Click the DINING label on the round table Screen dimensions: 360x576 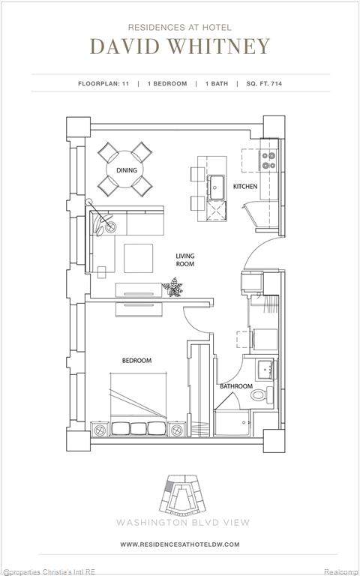(127, 170)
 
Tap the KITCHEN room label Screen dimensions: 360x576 (245, 187)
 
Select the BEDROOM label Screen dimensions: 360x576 (136, 361)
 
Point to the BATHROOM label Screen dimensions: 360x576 (236, 386)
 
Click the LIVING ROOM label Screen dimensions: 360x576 (184, 259)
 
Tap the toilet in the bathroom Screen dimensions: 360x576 (262, 394)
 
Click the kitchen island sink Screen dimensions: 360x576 (217, 187)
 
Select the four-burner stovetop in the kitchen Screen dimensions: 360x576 (269, 160)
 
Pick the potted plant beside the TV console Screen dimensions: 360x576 (173, 287)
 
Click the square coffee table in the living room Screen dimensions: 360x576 (139, 258)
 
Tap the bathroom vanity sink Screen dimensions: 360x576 (266, 369)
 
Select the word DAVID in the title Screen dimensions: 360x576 (124, 46)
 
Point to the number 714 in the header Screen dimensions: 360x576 (276, 84)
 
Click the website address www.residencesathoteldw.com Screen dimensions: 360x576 (180, 544)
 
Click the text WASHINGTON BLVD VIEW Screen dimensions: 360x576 (183, 522)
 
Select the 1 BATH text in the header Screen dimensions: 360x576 (217, 84)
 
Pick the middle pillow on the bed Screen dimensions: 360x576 (139, 429)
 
